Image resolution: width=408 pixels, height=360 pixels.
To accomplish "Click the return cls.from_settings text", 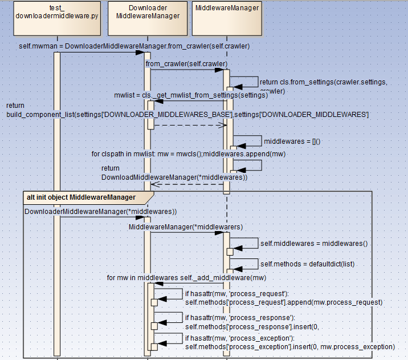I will pyautogui.click(x=323, y=82).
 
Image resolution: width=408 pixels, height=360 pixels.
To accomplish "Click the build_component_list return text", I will pyautogui.click(x=187, y=115).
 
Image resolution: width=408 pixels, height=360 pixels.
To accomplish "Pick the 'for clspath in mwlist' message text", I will pyautogui.click(x=189, y=153).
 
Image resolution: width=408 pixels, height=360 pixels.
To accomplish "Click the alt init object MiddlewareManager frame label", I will pyautogui.click(x=81, y=197).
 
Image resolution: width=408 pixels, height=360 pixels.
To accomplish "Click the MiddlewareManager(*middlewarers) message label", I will pyautogui.click(x=186, y=226).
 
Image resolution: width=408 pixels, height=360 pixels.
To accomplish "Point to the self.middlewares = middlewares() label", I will pyautogui.click(x=314, y=243).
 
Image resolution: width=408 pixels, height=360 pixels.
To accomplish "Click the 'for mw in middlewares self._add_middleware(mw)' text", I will pyautogui.click(x=187, y=278).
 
